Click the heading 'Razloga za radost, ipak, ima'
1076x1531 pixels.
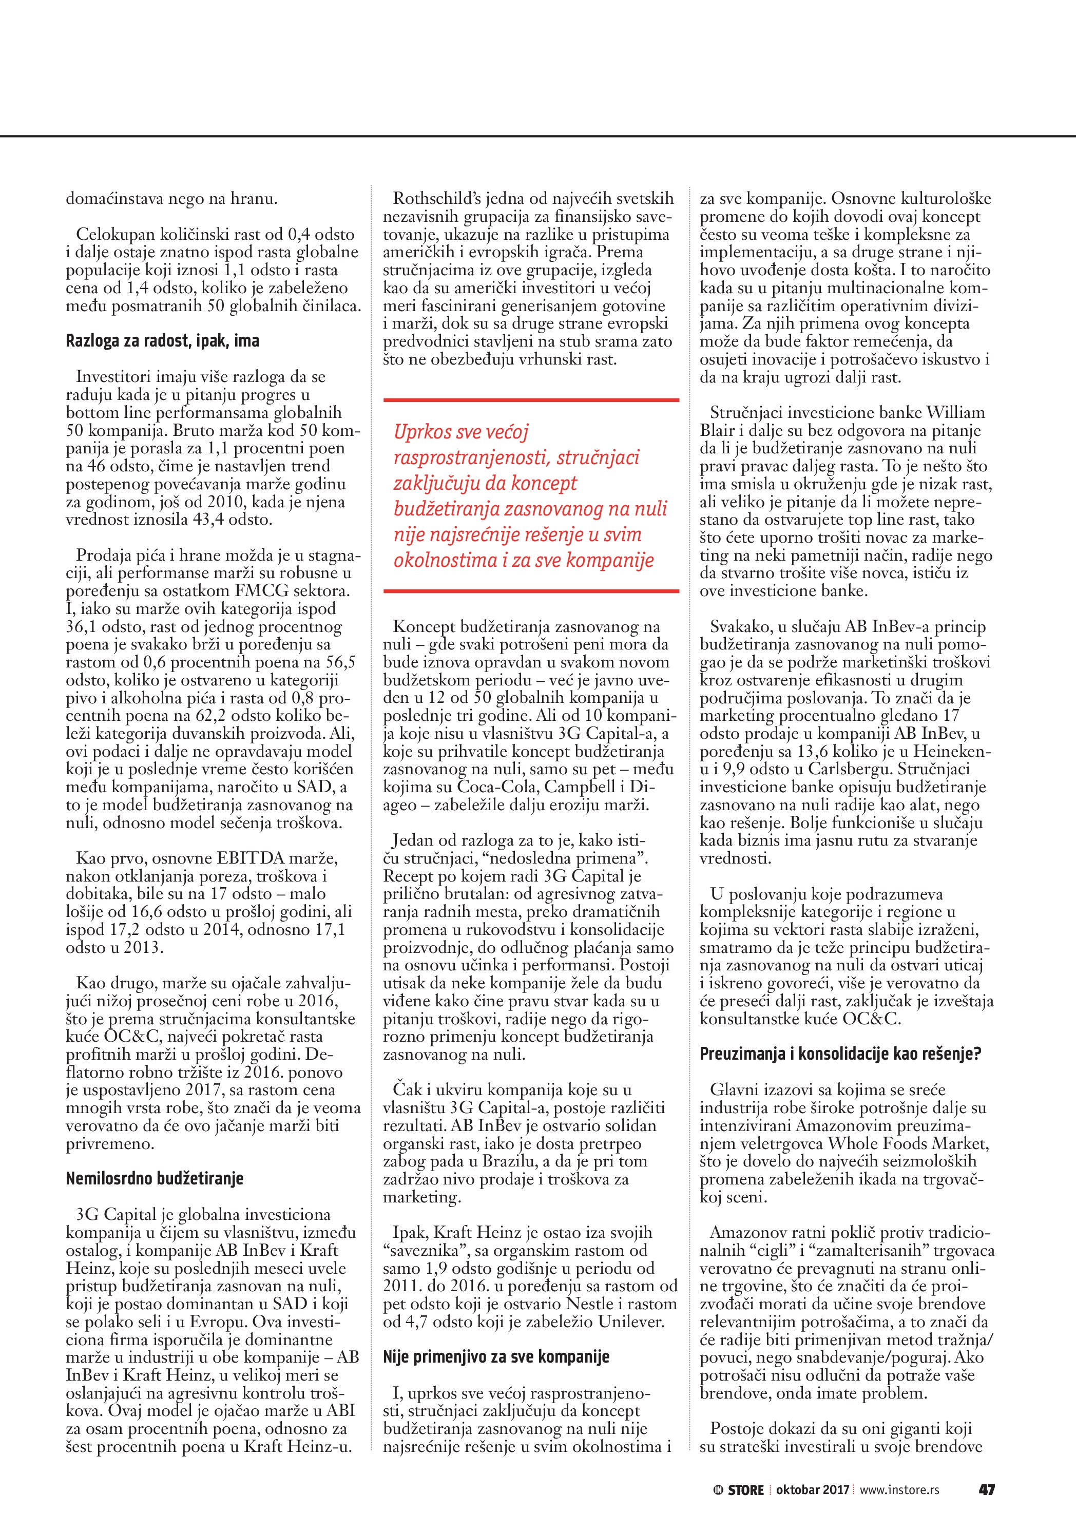click(x=162, y=341)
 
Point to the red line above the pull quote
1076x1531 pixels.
click(x=531, y=400)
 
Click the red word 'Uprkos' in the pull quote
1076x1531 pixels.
click(x=424, y=432)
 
